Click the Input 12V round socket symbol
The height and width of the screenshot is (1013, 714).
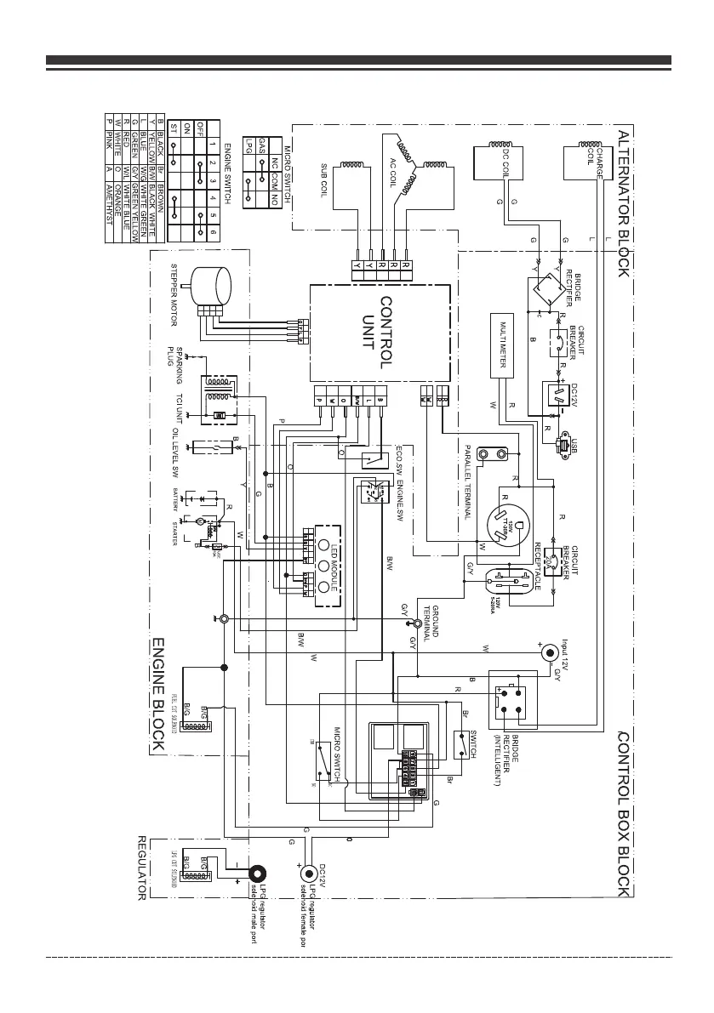tap(551, 653)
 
